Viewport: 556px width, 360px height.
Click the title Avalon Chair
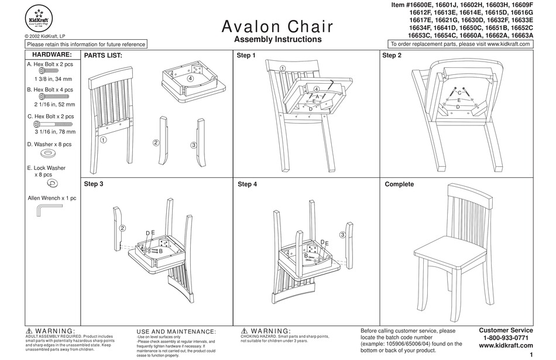pos(277,26)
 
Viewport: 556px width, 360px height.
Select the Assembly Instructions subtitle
pos(277,40)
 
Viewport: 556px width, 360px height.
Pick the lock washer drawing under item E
pos(52,183)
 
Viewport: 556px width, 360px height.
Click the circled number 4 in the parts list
pos(190,78)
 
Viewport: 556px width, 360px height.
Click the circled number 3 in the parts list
pos(193,145)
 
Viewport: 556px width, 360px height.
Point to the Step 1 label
pos(246,56)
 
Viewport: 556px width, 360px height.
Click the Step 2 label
pos(392,56)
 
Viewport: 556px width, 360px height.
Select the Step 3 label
pos(94,184)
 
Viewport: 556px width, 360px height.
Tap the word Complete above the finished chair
pos(399,184)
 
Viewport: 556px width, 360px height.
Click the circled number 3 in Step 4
pos(342,234)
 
